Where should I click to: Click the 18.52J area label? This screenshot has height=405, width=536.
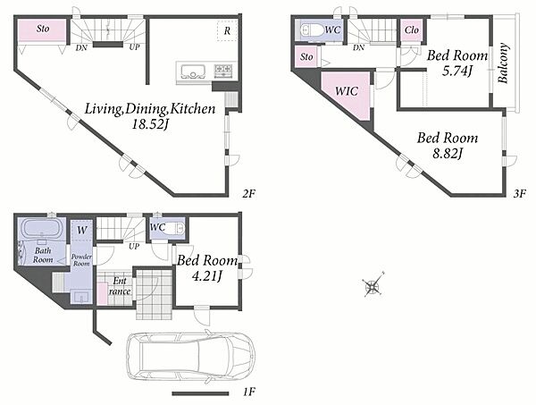(151, 125)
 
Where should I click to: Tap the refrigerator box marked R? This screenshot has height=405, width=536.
(227, 31)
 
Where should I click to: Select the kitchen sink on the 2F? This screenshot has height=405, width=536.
(193, 72)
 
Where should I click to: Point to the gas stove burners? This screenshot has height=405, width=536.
(222, 71)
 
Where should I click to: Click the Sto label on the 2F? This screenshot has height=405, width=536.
(43, 29)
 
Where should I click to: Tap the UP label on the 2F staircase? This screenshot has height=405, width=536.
(134, 47)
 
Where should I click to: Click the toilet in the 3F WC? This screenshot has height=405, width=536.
(311, 30)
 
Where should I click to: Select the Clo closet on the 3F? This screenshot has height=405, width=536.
(412, 30)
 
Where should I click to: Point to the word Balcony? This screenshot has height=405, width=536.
(503, 63)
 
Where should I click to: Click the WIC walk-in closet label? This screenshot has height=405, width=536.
(347, 91)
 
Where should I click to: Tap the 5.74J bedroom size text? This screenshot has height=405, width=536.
(457, 72)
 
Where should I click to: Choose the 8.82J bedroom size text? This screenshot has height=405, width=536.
(448, 154)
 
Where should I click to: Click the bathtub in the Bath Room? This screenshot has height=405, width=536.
(42, 228)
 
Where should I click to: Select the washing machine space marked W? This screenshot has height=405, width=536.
(81, 230)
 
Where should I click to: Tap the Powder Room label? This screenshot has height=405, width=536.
(81, 260)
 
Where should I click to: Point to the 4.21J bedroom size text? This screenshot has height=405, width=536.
(207, 275)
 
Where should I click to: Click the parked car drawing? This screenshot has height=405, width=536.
(191, 357)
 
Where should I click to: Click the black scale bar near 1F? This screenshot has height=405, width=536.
(200, 393)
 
